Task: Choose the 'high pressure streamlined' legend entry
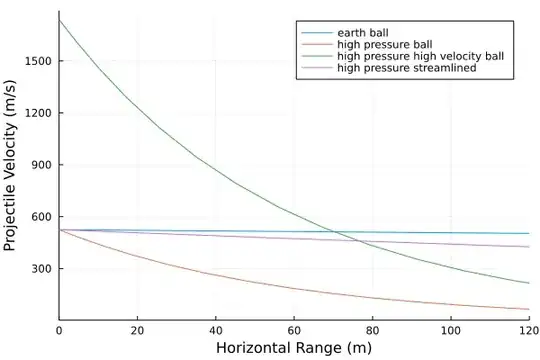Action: (406, 69)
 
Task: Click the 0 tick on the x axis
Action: (59, 329)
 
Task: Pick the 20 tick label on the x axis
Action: (137, 329)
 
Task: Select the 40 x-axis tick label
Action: (216, 329)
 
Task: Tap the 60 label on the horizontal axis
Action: (294, 329)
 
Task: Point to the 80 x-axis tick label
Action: (372, 329)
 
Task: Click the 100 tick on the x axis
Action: (450, 329)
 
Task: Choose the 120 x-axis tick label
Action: (526, 329)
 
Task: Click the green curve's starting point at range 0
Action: (60, 20)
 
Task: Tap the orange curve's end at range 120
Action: (528, 309)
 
